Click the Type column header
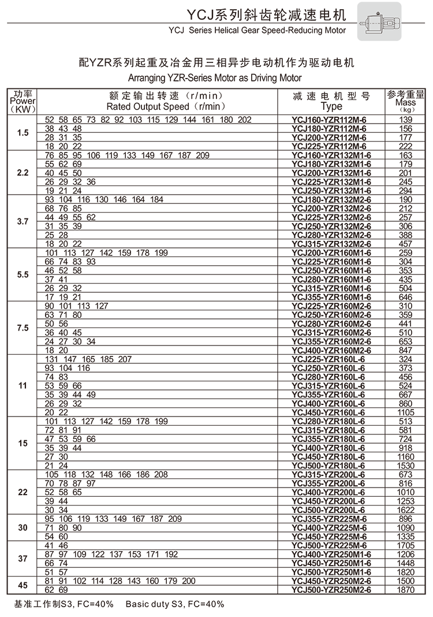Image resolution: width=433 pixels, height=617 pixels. (x=331, y=102)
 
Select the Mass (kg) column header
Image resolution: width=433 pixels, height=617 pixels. (x=406, y=101)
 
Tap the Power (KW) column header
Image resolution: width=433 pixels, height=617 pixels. (x=23, y=101)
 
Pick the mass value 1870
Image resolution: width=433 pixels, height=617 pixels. (x=406, y=590)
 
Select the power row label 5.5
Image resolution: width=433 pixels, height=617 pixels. (x=23, y=275)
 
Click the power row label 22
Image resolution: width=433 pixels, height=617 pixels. (x=23, y=492)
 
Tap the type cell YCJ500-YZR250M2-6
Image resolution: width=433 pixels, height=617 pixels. (x=331, y=590)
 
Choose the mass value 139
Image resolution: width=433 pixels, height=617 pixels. (x=406, y=120)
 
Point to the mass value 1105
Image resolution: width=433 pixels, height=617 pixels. (x=406, y=412)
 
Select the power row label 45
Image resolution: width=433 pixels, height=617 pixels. (x=23, y=585)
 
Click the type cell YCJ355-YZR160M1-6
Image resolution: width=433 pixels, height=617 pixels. (x=331, y=297)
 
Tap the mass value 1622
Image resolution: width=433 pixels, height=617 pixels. (x=406, y=510)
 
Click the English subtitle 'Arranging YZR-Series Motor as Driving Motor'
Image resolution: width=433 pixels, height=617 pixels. (x=215, y=77)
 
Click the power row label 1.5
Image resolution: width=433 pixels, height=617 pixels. (x=23, y=133)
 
